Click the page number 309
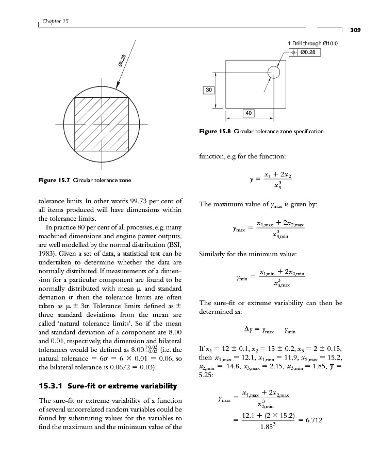pos(355,30)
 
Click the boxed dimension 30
pos(208,90)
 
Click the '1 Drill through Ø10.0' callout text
pos(313,44)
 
